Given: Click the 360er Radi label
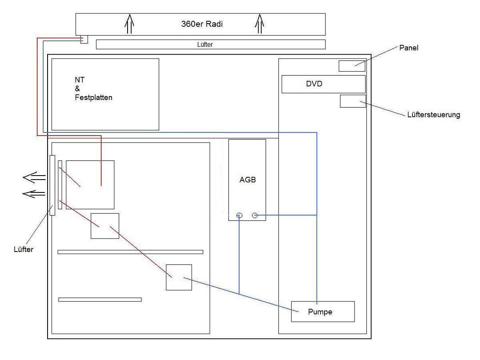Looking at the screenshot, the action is (x=202, y=24).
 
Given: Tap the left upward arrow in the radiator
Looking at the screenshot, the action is (x=129, y=24).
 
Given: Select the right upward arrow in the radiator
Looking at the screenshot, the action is (x=260, y=24).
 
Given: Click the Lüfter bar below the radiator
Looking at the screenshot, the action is (x=211, y=44).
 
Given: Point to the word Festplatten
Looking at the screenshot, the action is (x=93, y=97).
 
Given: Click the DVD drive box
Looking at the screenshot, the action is (x=324, y=84).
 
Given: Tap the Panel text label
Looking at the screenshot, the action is (x=409, y=48).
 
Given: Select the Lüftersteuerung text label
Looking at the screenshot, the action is (x=433, y=115).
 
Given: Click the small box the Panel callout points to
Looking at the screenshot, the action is (x=352, y=66).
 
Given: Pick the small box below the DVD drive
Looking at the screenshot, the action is (x=353, y=101).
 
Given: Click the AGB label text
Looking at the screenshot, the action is (x=248, y=180).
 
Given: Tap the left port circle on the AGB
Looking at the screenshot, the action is (x=240, y=216).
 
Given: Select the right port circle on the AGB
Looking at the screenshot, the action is (x=255, y=216).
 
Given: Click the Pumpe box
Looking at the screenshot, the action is (x=323, y=312).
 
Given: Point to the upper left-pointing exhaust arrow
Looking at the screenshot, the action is (x=34, y=177).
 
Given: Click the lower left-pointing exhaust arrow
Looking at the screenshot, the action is (x=34, y=194).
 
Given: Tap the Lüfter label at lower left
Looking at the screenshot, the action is (x=23, y=249).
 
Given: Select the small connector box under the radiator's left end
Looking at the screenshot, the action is (x=84, y=39).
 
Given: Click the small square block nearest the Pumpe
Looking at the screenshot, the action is (x=179, y=277).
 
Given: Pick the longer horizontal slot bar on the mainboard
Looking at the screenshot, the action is (x=130, y=252).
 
